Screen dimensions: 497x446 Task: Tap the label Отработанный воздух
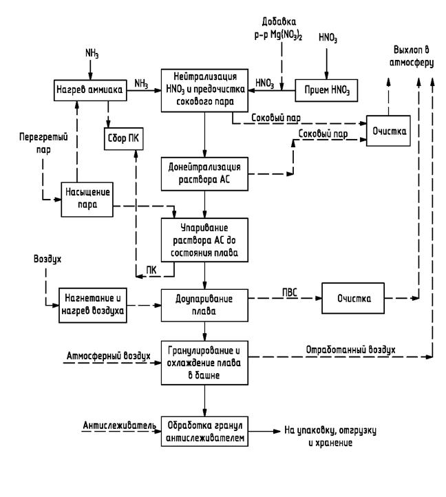point(352,349)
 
